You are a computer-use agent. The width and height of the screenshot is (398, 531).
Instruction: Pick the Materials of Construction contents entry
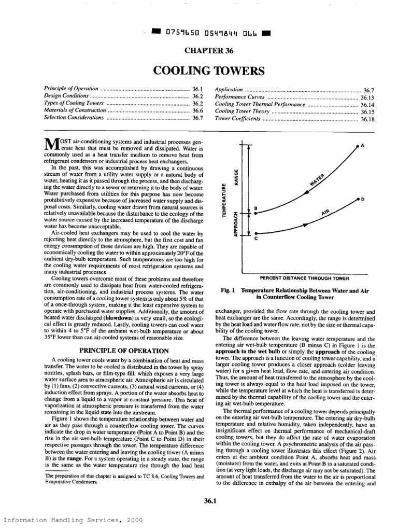[75, 111]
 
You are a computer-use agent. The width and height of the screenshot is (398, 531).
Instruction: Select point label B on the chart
[255, 208]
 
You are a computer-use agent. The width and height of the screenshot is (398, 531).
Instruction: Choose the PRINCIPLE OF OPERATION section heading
[124, 351]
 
